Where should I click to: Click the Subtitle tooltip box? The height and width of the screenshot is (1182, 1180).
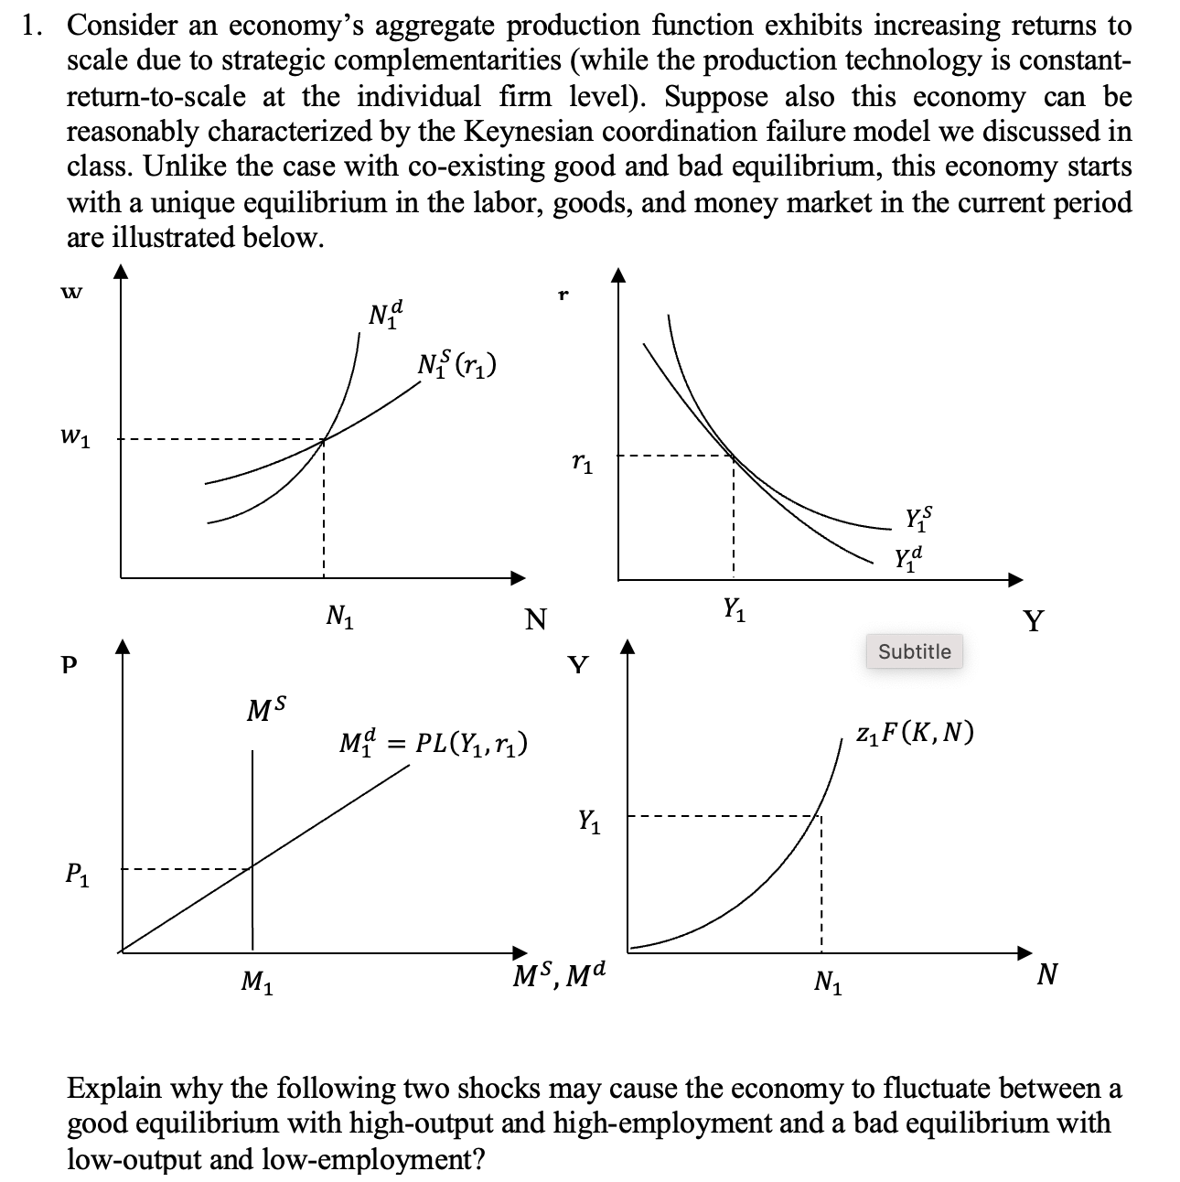click(914, 651)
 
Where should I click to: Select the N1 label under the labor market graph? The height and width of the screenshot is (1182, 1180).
click(340, 618)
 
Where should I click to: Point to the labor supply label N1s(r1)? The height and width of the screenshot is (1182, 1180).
click(456, 363)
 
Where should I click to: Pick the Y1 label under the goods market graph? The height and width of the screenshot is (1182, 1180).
click(734, 607)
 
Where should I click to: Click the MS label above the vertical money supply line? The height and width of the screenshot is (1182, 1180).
click(267, 709)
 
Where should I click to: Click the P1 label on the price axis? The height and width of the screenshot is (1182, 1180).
click(78, 876)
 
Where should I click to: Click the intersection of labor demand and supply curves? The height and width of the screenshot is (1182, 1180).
click(324, 440)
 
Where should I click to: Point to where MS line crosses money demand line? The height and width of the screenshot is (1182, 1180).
click(252, 868)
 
